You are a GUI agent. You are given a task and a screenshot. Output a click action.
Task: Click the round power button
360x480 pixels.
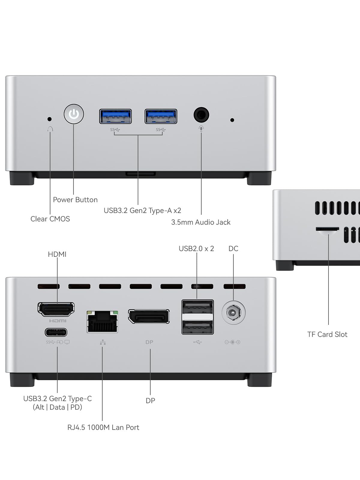pos(74,114)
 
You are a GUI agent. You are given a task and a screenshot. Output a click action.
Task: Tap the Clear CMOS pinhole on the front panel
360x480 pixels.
pos(49,119)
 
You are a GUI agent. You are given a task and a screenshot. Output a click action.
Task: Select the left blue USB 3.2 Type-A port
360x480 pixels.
pos(115,116)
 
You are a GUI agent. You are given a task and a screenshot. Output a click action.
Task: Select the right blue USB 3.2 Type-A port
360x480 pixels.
pos(161,116)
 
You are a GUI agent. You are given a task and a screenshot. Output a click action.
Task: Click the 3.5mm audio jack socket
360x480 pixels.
pos(201,115)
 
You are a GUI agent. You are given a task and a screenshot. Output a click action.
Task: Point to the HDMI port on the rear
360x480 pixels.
pos(56,309)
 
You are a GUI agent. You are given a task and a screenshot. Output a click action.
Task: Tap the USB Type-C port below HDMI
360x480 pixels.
pos(56,332)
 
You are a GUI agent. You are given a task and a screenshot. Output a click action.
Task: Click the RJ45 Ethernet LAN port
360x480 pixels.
pos(102,322)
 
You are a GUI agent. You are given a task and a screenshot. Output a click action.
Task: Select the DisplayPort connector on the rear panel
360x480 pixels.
pos(149,316)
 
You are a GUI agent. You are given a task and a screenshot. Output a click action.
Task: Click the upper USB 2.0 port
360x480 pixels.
pos(197,307)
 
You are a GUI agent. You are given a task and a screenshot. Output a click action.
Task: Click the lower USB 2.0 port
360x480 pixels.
pos(197,327)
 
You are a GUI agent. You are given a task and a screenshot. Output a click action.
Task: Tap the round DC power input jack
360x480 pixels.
pos(233,313)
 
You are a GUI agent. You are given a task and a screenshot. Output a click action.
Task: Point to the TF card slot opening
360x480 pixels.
pos(327,229)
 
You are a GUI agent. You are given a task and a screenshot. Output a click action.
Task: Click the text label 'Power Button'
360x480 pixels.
pos(75,200)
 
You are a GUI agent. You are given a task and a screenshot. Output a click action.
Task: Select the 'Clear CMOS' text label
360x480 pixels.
pos(50,219)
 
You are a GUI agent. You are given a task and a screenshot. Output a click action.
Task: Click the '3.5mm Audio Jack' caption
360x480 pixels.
pos(201,222)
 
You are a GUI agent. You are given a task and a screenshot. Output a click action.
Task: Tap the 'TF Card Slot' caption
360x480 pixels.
pos(327,334)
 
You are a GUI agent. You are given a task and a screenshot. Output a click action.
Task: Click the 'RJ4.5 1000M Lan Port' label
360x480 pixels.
pos(103,427)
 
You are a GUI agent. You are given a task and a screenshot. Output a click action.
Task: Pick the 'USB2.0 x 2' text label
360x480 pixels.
pos(196,249)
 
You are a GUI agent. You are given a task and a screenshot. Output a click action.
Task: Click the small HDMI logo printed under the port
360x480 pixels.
pos(58,321)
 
